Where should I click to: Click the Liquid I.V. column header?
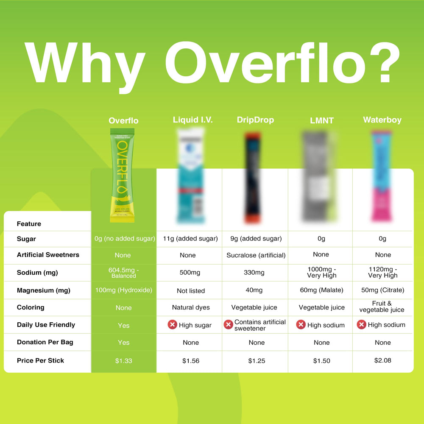[193, 120]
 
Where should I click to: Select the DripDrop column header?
[255, 120]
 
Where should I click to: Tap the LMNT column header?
[321, 120]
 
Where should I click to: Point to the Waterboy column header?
[382, 120]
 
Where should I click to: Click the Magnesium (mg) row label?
[44, 290]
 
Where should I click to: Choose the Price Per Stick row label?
[40, 360]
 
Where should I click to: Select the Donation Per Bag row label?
[45, 342]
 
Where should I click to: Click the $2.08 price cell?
[382, 360]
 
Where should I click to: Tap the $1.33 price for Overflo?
[123, 361]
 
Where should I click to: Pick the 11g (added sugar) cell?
[190, 239]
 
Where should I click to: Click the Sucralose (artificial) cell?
[256, 255]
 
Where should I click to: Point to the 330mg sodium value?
[254, 273]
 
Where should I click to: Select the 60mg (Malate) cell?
[322, 290]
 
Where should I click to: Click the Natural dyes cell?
[191, 307]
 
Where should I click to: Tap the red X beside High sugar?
[172, 325]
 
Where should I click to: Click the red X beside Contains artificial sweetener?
[229, 325]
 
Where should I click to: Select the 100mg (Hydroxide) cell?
[123, 290]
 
